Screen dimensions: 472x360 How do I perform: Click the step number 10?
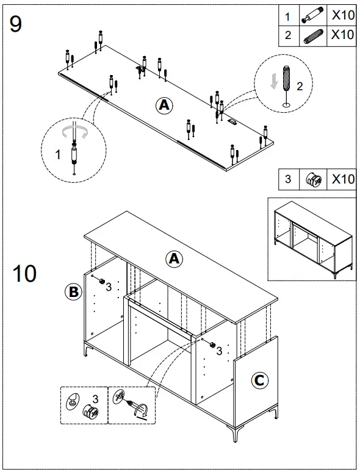tap(24, 274)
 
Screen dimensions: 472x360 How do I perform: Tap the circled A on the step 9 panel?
tap(164, 105)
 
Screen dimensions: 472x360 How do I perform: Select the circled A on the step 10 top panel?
tap(175, 259)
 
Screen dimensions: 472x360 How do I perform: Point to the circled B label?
tap(73, 292)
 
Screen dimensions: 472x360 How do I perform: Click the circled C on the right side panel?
tap(259, 381)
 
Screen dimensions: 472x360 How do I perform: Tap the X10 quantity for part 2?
tap(342, 35)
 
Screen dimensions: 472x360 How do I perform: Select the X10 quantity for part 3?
tap(342, 179)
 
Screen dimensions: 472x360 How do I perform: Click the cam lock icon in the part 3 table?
tap(313, 179)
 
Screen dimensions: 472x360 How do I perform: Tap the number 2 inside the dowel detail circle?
tap(299, 86)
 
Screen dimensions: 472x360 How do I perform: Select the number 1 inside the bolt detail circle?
tap(58, 155)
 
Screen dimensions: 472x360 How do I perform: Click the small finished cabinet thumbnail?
tap(312, 239)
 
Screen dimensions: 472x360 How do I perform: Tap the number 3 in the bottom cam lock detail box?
tap(95, 399)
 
